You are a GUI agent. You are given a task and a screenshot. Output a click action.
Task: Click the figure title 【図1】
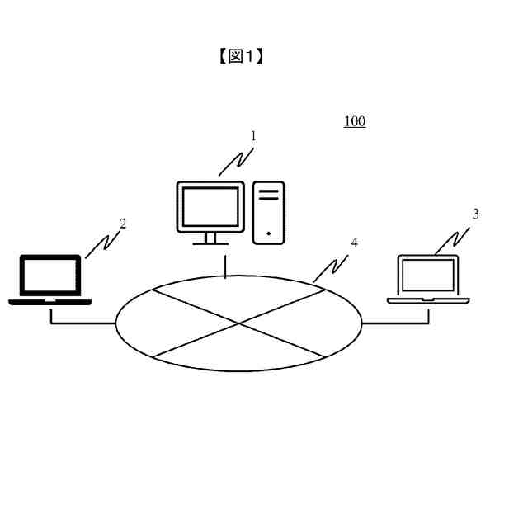pyautogui.click(x=240, y=56)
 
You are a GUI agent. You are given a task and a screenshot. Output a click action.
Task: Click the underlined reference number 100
pyautogui.click(x=355, y=122)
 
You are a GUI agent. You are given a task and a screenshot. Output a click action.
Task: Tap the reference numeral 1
pyautogui.click(x=253, y=136)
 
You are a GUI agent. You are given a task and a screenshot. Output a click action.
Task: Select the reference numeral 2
pyautogui.click(x=123, y=224)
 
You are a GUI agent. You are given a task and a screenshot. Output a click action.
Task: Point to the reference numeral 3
pyautogui.click(x=475, y=214)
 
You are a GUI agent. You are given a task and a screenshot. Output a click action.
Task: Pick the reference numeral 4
pyautogui.click(x=354, y=243)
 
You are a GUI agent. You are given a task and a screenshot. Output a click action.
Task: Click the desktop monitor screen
pyautogui.click(x=210, y=206)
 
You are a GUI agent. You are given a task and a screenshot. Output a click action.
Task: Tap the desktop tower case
pyautogui.click(x=269, y=212)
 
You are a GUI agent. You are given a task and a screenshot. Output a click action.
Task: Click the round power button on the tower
pyautogui.click(x=269, y=234)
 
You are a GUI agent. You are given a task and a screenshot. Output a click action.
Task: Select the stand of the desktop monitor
pyautogui.click(x=210, y=238)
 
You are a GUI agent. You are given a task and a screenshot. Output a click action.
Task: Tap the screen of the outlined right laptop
pyautogui.click(x=427, y=275)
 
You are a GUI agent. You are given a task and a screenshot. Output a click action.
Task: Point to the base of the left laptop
pyautogui.click(x=50, y=302)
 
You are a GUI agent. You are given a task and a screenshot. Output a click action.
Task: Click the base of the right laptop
pyautogui.click(x=427, y=300)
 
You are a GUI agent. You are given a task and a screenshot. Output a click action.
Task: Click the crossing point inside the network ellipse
pyautogui.click(x=238, y=323)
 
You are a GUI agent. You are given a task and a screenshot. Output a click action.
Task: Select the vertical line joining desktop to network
pyautogui.click(x=225, y=266)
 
